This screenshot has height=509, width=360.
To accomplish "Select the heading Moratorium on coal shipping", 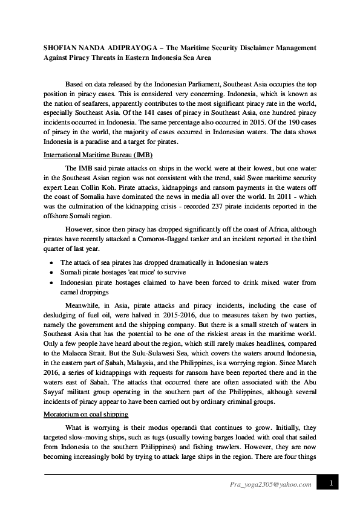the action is (x=86, y=414).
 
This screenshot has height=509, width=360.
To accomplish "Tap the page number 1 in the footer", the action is (x=332, y=483).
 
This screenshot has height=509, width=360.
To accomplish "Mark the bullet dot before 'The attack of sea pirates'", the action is (x=51, y=263).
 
